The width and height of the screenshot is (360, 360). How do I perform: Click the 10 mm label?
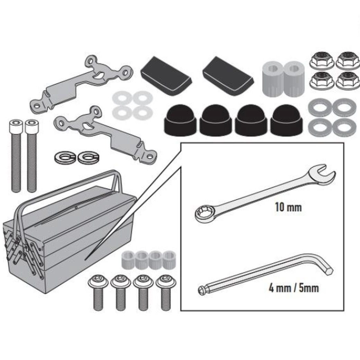[288, 207]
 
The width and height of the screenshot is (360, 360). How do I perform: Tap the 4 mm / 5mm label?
[294, 288]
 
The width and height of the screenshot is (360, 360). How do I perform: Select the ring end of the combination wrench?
[204, 214]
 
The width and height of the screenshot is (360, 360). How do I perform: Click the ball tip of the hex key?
[201, 290]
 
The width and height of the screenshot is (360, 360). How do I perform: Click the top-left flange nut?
[322, 60]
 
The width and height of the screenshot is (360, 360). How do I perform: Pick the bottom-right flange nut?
[348, 80]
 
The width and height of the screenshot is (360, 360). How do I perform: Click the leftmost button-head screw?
[98, 292]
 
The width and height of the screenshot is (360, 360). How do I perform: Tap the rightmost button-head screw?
[166, 292]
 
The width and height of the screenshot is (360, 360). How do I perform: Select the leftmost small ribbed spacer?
[128, 260]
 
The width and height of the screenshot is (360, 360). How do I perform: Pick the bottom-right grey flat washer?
[344, 127]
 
